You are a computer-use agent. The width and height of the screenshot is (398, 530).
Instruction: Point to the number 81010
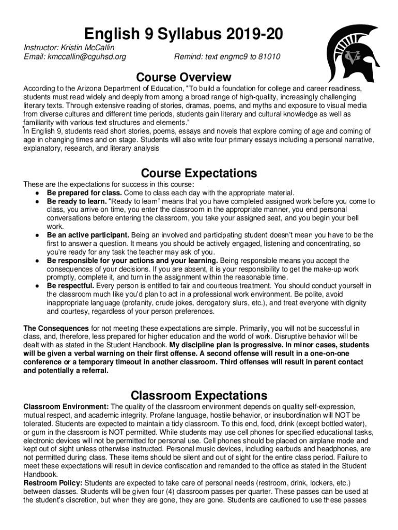coord(269,56)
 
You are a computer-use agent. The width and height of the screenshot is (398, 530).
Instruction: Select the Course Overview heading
coord(183,78)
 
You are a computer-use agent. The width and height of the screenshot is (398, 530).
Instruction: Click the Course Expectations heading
coord(199,173)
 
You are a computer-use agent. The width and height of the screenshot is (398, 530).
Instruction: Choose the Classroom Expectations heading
coord(199,395)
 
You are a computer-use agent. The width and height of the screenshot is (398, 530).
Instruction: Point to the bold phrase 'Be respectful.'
coord(71,286)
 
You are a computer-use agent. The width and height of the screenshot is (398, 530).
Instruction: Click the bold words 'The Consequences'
coord(56,328)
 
